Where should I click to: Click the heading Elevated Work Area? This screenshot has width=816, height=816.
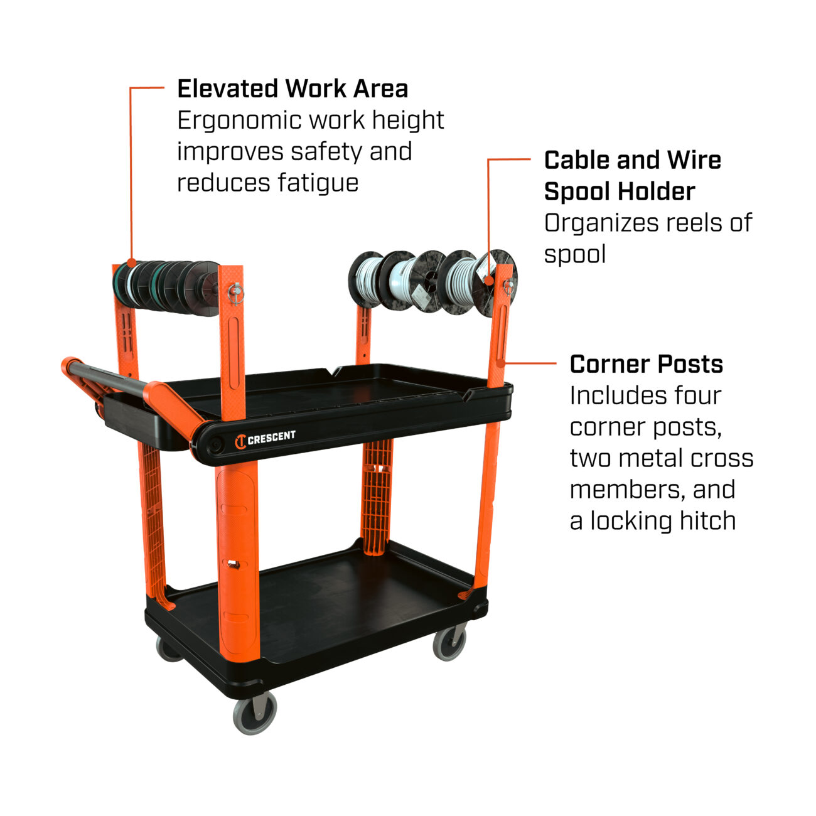coord(293,89)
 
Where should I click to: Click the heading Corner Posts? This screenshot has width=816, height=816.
coord(646,364)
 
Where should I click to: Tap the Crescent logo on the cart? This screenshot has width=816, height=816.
coord(265,439)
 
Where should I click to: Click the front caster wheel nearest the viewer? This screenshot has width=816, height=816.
coord(254,716)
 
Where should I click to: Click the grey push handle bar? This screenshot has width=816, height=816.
coord(107,375)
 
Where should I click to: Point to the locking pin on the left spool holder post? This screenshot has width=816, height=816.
coord(236,293)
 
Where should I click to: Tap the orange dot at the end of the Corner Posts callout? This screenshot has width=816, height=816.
coord(501,363)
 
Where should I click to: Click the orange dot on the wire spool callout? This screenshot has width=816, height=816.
coord(489,281)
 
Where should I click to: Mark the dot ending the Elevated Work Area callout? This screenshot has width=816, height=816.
coord(132,262)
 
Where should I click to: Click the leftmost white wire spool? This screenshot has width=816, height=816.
coord(367,279)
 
